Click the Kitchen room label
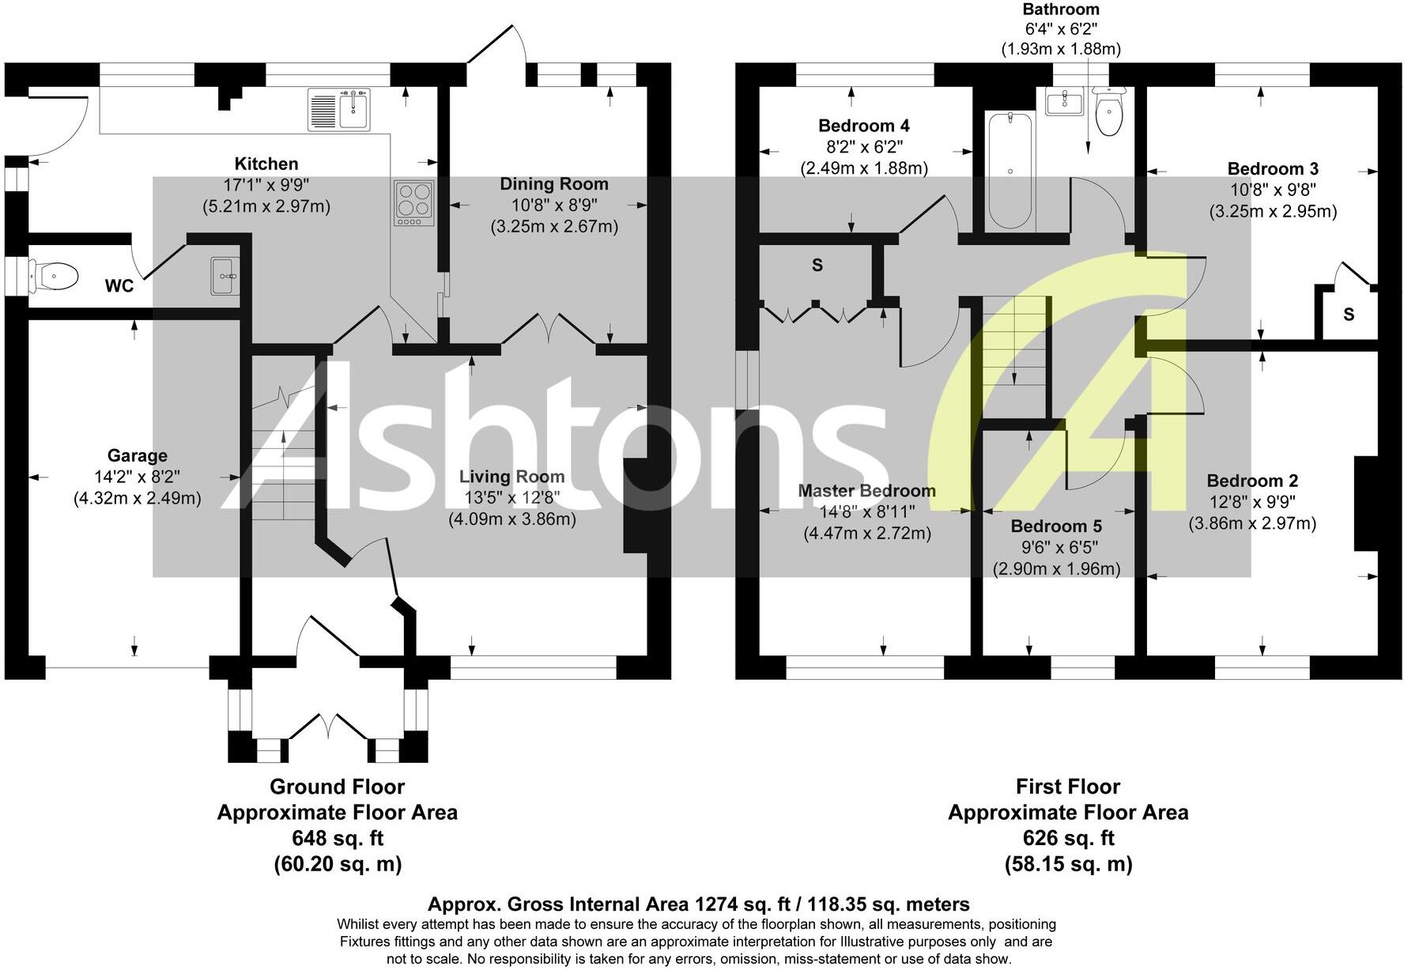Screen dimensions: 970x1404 (266, 164)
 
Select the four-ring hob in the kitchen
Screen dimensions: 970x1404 (414, 203)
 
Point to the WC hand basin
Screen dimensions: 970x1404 (225, 275)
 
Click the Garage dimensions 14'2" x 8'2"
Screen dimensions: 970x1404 (137, 477)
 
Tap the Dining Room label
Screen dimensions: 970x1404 (554, 184)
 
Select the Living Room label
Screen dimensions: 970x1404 (511, 477)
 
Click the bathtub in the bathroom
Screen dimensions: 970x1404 (1010, 170)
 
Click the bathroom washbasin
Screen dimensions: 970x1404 (1064, 102)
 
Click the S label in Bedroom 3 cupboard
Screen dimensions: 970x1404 (1349, 315)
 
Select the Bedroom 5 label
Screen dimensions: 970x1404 (1056, 527)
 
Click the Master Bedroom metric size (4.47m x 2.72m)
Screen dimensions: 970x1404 (866, 533)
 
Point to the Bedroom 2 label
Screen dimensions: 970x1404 (1252, 481)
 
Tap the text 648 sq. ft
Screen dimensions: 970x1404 (338, 838)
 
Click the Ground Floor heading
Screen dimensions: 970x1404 (338, 787)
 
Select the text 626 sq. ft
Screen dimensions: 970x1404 (1068, 838)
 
